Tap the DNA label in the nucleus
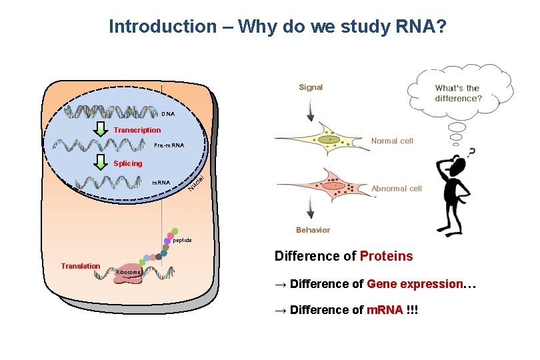point(167,114)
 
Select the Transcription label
point(137,130)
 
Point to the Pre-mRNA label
point(169,145)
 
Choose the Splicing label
point(127,163)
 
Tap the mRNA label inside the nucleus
point(161,182)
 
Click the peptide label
point(182,240)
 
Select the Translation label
point(80,266)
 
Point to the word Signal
point(311,87)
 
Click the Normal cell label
point(392,141)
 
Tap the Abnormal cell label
point(397,189)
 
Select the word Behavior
point(313,230)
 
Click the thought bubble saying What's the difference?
point(458,93)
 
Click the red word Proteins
point(386,257)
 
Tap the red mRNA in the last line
point(385,310)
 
